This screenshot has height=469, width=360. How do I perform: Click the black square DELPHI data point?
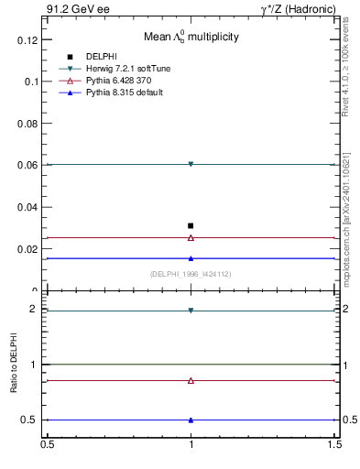191,225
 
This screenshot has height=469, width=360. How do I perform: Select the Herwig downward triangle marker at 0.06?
191,164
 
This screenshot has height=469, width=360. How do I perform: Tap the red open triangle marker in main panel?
191,237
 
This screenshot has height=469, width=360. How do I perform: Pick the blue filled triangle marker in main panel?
191,258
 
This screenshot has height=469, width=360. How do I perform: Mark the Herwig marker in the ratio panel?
191,311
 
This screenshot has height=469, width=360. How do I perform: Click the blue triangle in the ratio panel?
191,420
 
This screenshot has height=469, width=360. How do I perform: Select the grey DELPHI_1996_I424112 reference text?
191,274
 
